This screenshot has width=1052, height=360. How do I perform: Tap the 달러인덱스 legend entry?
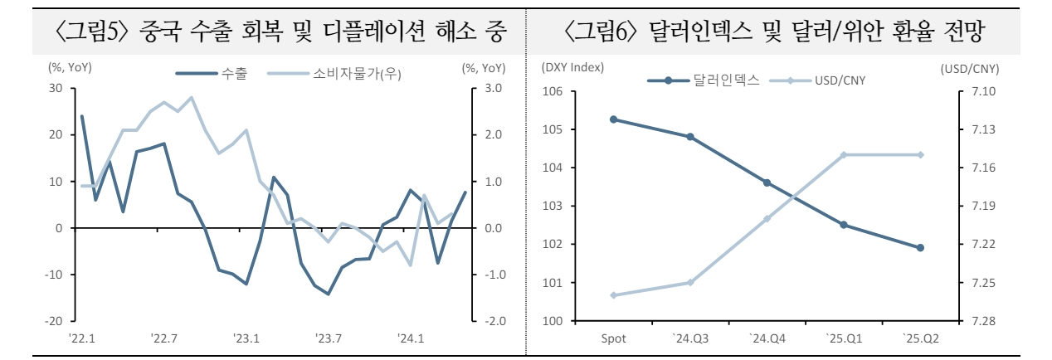[704, 80]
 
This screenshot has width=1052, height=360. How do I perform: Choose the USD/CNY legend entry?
[821, 80]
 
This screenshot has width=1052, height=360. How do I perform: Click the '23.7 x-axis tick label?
[329, 338]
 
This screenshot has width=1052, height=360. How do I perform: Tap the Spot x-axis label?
[613, 338]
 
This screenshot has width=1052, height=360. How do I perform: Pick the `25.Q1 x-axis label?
[843, 338]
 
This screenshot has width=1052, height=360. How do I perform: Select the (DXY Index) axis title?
[572, 67]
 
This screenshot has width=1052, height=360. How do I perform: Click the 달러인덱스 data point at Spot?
[613, 119]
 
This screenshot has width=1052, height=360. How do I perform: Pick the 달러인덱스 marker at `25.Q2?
[920, 248]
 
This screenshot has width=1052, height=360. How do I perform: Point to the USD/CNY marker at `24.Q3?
[690, 282]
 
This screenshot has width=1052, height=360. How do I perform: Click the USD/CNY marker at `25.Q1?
[843, 154]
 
